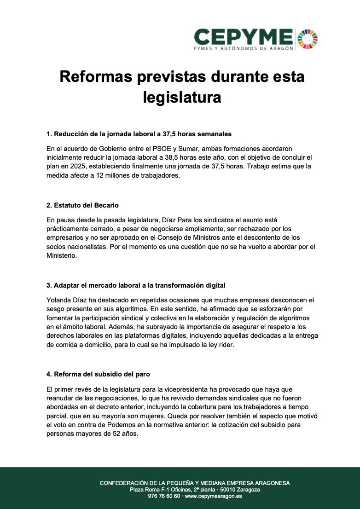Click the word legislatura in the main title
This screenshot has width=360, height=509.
[182, 97]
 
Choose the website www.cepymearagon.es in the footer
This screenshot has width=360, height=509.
[213, 496]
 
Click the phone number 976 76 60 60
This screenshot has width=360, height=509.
[164, 496]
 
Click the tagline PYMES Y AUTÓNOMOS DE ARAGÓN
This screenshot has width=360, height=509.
[243, 48]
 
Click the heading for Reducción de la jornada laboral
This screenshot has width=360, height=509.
[139, 134]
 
